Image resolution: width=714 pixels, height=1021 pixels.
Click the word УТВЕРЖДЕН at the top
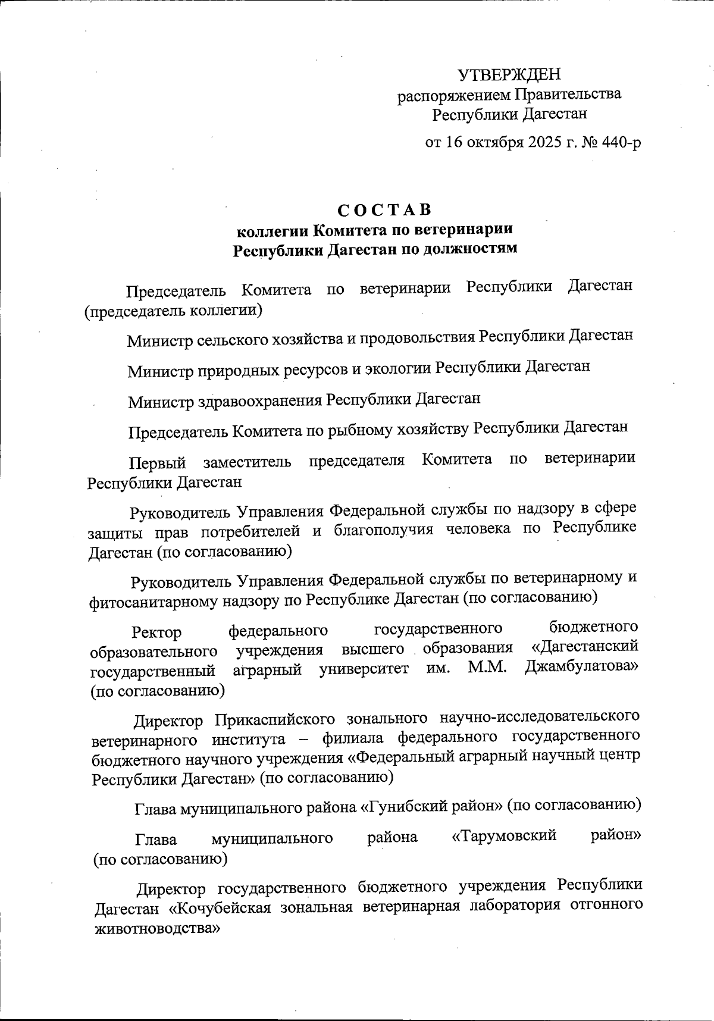[x=509, y=75]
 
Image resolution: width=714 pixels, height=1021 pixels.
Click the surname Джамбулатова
[x=582, y=667]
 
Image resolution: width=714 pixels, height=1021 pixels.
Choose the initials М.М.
[x=487, y=668]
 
